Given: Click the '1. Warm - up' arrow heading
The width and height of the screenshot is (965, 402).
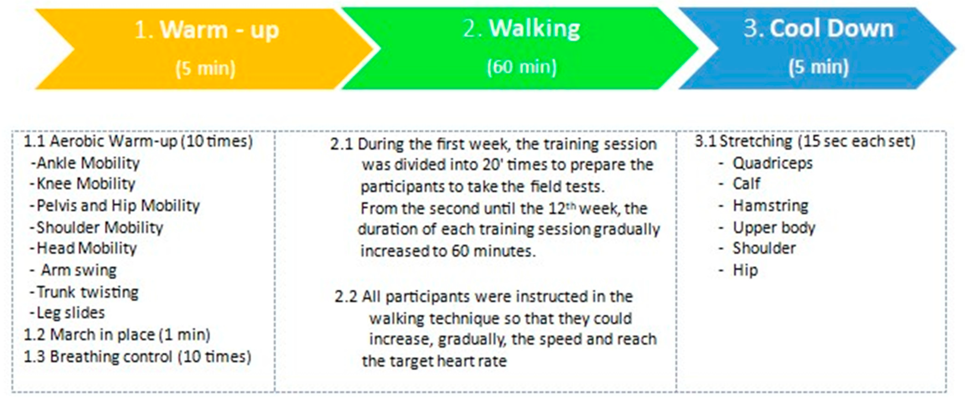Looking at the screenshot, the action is pos(206,30).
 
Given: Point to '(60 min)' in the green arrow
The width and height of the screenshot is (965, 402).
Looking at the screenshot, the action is pos(521,67).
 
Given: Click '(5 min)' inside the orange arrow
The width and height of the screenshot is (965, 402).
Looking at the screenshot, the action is pos(206,68).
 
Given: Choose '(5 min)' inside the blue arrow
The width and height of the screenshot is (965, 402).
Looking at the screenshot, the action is pos(819,67).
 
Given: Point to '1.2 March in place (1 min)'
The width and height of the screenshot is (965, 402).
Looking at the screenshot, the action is pos(117,335).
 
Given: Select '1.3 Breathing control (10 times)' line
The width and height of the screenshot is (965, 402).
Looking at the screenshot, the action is pos(138,356).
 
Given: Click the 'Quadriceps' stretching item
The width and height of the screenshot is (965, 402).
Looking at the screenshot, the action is pos(772,163).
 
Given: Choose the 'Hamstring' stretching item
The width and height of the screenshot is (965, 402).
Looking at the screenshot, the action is pos(770,206).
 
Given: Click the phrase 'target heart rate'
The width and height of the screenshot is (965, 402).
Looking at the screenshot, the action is pos(448,361).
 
